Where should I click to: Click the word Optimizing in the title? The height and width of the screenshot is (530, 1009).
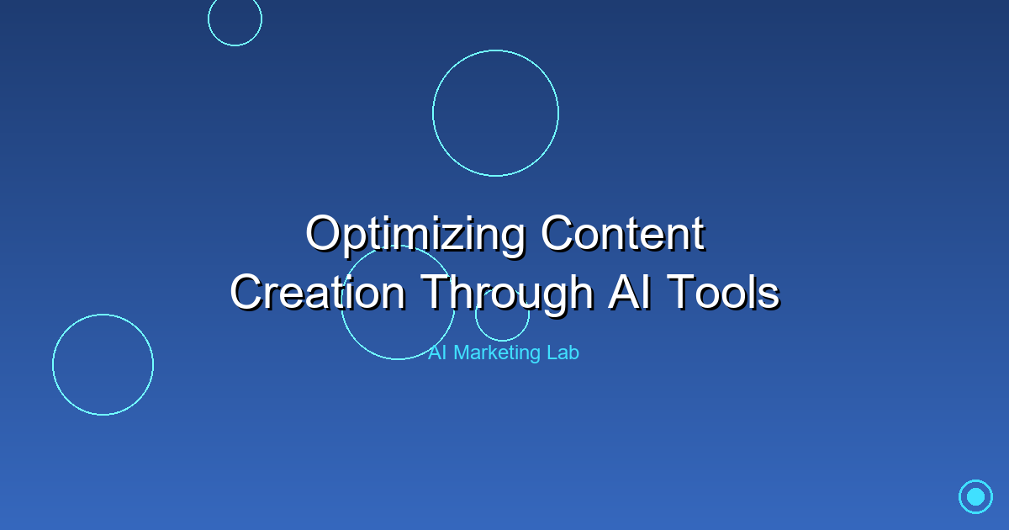click(415, 236)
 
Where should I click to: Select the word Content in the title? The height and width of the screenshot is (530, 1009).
click(623, 234)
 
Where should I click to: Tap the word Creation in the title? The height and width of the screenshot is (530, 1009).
click(318, 293)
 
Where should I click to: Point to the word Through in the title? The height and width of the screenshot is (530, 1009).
click(507, 295)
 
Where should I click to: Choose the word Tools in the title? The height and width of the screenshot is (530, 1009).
click(723, 292)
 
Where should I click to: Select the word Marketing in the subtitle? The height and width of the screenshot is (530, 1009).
click(497, 353)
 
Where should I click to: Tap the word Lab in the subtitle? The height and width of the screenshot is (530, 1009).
click(563, 352)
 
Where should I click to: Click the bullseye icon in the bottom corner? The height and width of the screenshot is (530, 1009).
click(975, 496)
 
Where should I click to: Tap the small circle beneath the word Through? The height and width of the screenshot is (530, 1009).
click(502, 341)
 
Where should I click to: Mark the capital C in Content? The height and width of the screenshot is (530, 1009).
click(558, 233)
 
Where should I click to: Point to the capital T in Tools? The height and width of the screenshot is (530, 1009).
click(682, 292)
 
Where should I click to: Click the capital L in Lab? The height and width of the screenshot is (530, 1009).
click(552, 352)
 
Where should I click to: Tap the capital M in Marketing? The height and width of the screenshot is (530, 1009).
click(462, 352)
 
